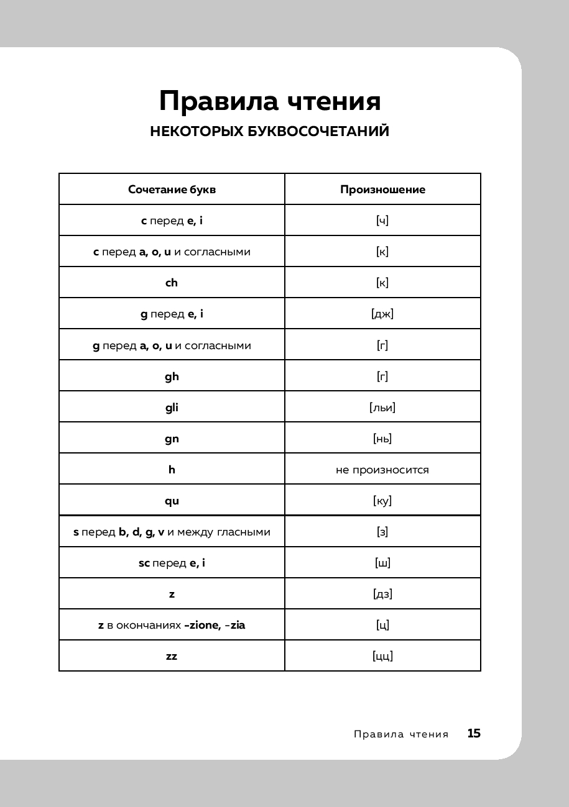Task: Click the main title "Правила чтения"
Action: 270,101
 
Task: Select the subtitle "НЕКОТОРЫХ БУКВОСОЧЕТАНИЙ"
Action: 270,132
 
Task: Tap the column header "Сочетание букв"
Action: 172,189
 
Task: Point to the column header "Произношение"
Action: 382,189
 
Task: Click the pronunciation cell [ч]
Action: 382,221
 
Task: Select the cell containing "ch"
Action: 172,283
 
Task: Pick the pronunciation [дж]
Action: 382,314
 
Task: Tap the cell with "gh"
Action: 172,376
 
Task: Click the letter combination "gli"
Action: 172,408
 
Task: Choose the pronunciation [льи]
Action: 382,408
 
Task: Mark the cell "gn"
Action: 172,439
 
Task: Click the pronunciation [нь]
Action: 382,439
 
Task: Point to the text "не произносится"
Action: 382,470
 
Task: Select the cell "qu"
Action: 172,501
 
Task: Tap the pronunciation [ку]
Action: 382,501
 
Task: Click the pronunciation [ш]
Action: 382,563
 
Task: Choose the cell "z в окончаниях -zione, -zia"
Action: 172,625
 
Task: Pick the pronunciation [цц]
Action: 382,656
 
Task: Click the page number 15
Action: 474,734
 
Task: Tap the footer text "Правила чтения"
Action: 401,734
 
